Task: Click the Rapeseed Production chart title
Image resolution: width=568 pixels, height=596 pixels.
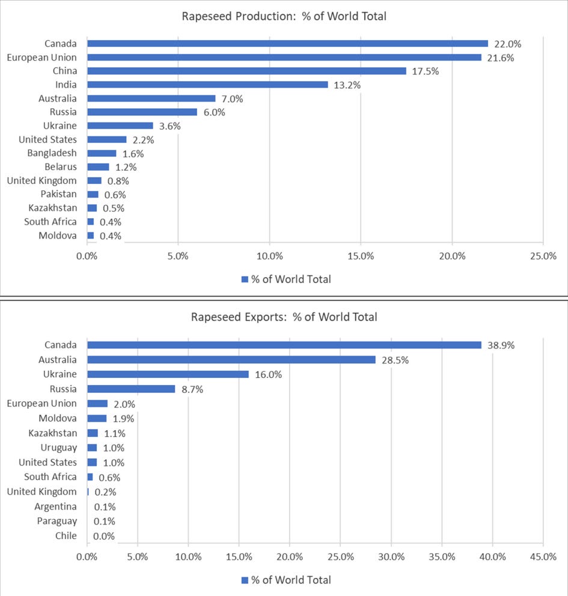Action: click(284, 16)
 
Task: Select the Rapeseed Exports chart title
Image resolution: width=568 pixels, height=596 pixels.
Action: click(284, 317)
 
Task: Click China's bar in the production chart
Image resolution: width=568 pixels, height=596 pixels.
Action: click(247, 71)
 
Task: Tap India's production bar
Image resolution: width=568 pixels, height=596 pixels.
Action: click(207, 84)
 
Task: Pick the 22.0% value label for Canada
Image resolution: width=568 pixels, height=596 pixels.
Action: click(507, 44)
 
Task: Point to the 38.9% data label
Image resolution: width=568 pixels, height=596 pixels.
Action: click(501, 345)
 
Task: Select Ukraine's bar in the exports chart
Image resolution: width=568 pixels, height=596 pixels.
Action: click(168, 374)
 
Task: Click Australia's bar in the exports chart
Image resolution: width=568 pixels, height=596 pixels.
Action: click(231, 359)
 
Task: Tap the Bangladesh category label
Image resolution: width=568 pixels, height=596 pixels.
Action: click(52, 153)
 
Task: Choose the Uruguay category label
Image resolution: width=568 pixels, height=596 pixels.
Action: click(58, 448)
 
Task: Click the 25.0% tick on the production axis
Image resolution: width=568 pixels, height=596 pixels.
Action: click(543, 256)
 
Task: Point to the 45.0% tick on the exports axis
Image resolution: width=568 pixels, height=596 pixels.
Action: click(543, 557)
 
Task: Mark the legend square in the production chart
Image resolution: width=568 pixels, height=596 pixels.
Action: click(245, 279)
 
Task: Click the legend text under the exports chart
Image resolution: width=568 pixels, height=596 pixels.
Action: click(292, 580)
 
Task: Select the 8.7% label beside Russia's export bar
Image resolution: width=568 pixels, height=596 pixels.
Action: click(192, 389)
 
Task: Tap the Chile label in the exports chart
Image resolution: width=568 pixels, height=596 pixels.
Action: click(66, 535)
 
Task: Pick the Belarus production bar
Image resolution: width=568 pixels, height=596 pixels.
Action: click(98, 167)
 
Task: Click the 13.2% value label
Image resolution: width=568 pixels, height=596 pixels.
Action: click(347, 85)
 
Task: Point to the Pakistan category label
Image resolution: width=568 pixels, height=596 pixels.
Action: click(58, 194)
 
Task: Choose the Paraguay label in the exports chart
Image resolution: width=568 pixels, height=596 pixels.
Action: click(57, 521)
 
